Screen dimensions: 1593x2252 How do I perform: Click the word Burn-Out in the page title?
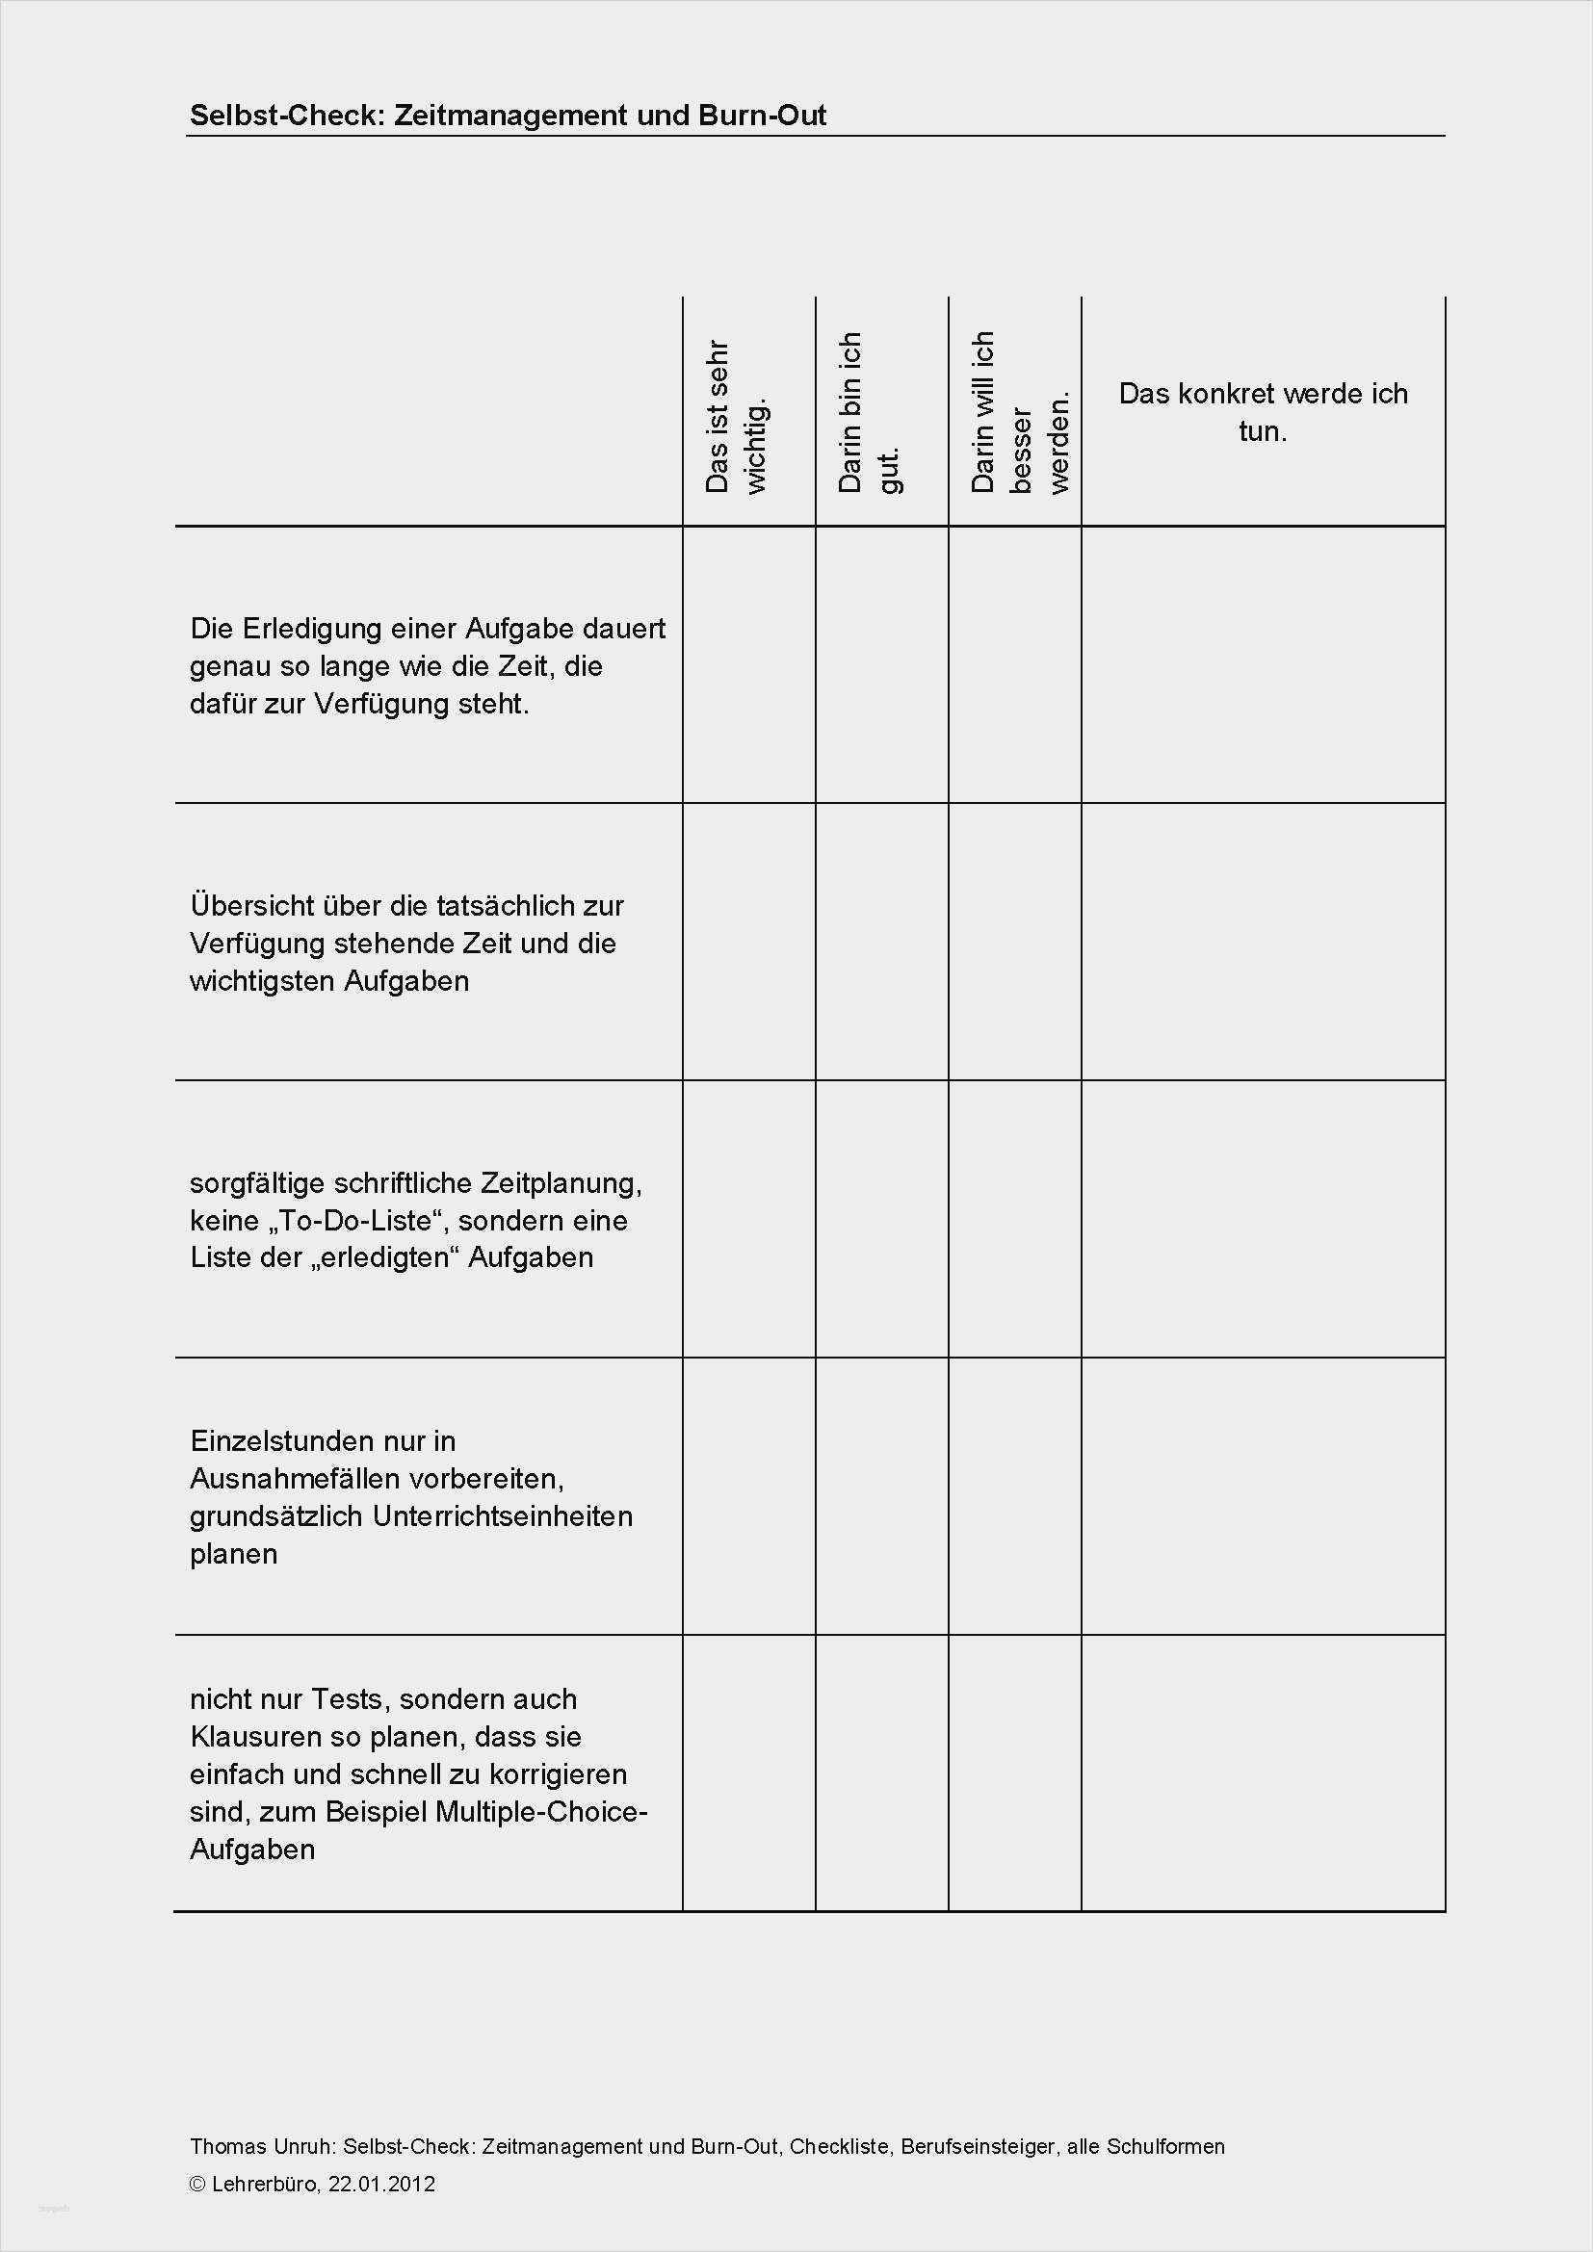762,116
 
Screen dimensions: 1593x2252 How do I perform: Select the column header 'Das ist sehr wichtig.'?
738,416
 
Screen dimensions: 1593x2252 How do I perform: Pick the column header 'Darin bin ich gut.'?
870,412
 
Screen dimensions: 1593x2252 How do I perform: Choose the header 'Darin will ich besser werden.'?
1017,412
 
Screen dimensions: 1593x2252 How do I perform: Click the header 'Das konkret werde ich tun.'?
1263,412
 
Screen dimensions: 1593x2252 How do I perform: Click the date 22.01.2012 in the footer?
381,2177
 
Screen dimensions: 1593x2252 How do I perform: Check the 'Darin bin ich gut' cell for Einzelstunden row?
881,1496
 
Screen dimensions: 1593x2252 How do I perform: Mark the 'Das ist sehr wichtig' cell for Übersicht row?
748,942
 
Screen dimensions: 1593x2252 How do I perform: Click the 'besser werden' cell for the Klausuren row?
1014,1773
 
